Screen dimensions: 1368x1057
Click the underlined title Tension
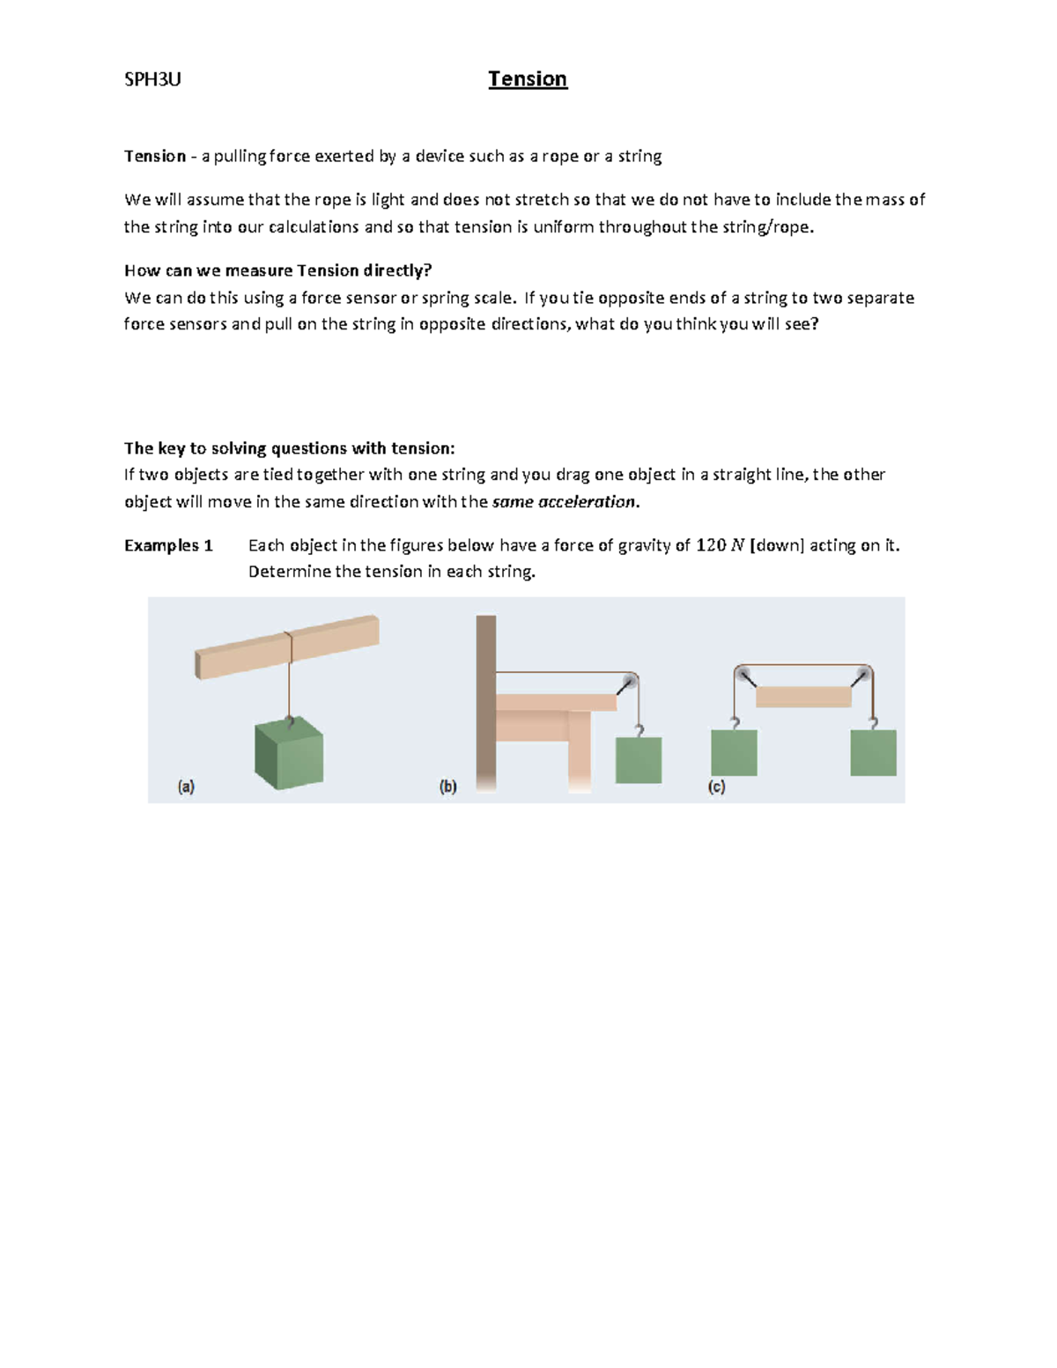tap(528, 79)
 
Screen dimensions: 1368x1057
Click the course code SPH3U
tap(152, 79)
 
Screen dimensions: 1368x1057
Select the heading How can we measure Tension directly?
tap(278, 270)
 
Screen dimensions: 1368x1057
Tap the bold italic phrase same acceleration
tap(564, 502)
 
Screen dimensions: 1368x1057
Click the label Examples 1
tap(168, 545)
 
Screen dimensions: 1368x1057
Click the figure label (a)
tap(186, 787)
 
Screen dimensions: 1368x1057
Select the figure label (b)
tap(448, 787)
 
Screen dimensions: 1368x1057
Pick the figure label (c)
tap(716, 787)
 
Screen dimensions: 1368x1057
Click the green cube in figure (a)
tap(289, 754)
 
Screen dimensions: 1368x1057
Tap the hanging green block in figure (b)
tap(638, 760)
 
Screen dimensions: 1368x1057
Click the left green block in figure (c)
tap(734, 753)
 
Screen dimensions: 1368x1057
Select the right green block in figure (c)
tap(873, 753)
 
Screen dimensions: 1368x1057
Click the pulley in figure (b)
tap(628, 684)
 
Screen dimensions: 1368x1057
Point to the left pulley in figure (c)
tap(744, 675)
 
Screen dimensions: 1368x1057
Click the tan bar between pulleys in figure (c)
tap(803, 697)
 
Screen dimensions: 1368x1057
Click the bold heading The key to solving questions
tap(289, 448)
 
